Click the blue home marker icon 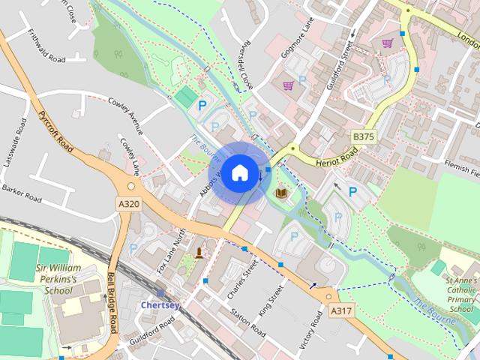238,173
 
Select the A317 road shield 340,310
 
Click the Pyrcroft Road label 55,133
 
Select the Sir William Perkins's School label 57,280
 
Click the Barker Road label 21,193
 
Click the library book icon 281,193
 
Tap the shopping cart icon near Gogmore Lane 288,85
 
